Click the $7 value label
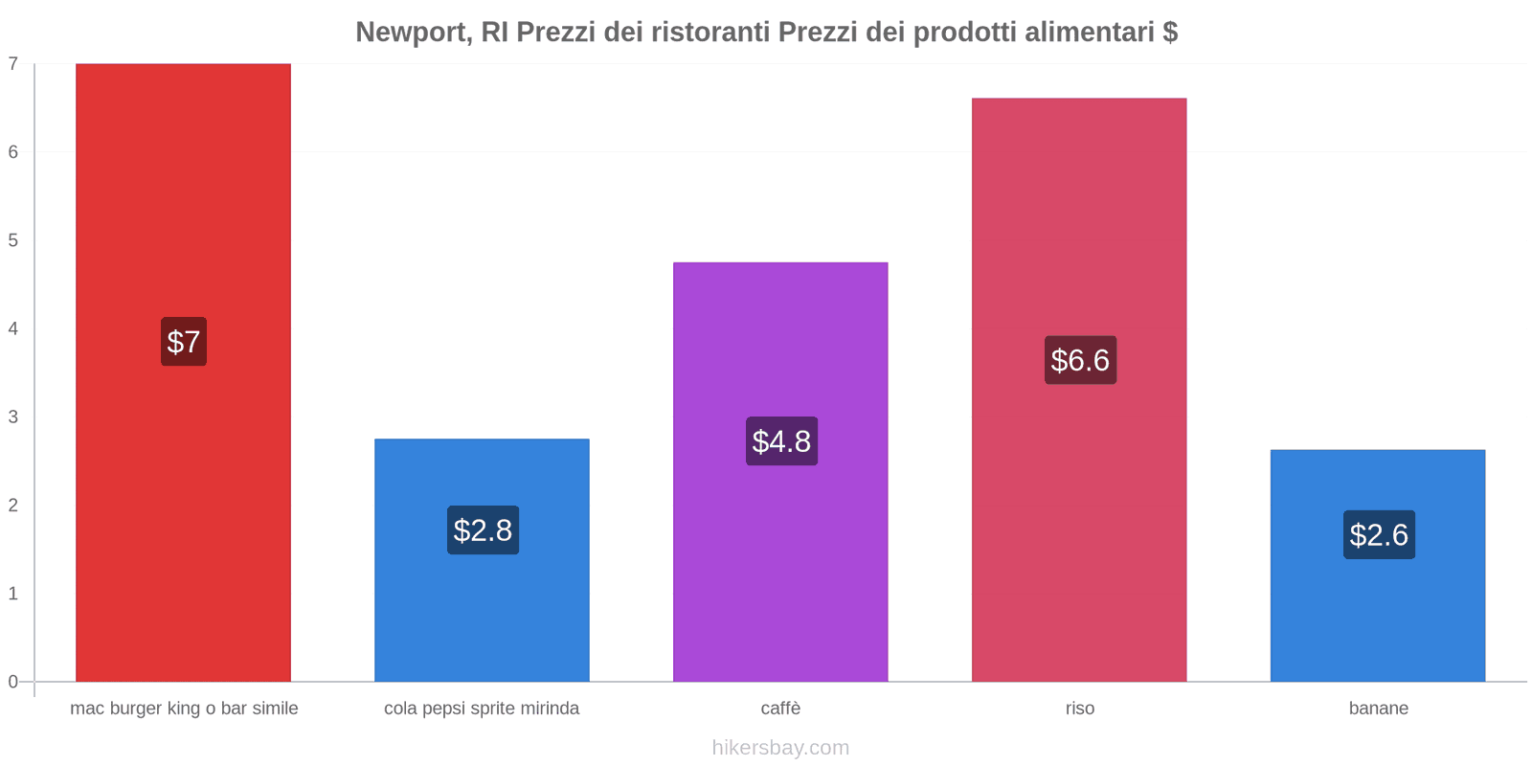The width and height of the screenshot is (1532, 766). coord(184,342)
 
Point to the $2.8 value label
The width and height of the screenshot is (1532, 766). coord(483,530)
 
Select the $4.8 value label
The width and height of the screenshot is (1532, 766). coord(781,441)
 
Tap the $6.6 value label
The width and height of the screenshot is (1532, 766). coord(1080,360)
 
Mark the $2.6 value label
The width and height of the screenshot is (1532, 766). coord(1379,535)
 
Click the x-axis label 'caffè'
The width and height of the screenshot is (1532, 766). coord(780,709)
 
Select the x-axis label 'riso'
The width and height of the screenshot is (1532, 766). coord(1079,709)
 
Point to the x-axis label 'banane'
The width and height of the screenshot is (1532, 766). coord(1378,709)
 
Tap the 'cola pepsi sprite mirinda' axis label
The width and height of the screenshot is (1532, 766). coord(482,709)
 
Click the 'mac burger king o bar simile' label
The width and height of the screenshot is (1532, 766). coord(184,709)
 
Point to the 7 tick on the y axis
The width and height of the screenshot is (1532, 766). coord(13,64)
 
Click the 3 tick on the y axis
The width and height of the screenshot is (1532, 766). coord(13,417)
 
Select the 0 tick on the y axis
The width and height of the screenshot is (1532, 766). coord(13,682)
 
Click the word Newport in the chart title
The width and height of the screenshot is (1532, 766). coord(413,33)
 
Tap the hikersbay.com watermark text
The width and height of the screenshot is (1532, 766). coord(780,748)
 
